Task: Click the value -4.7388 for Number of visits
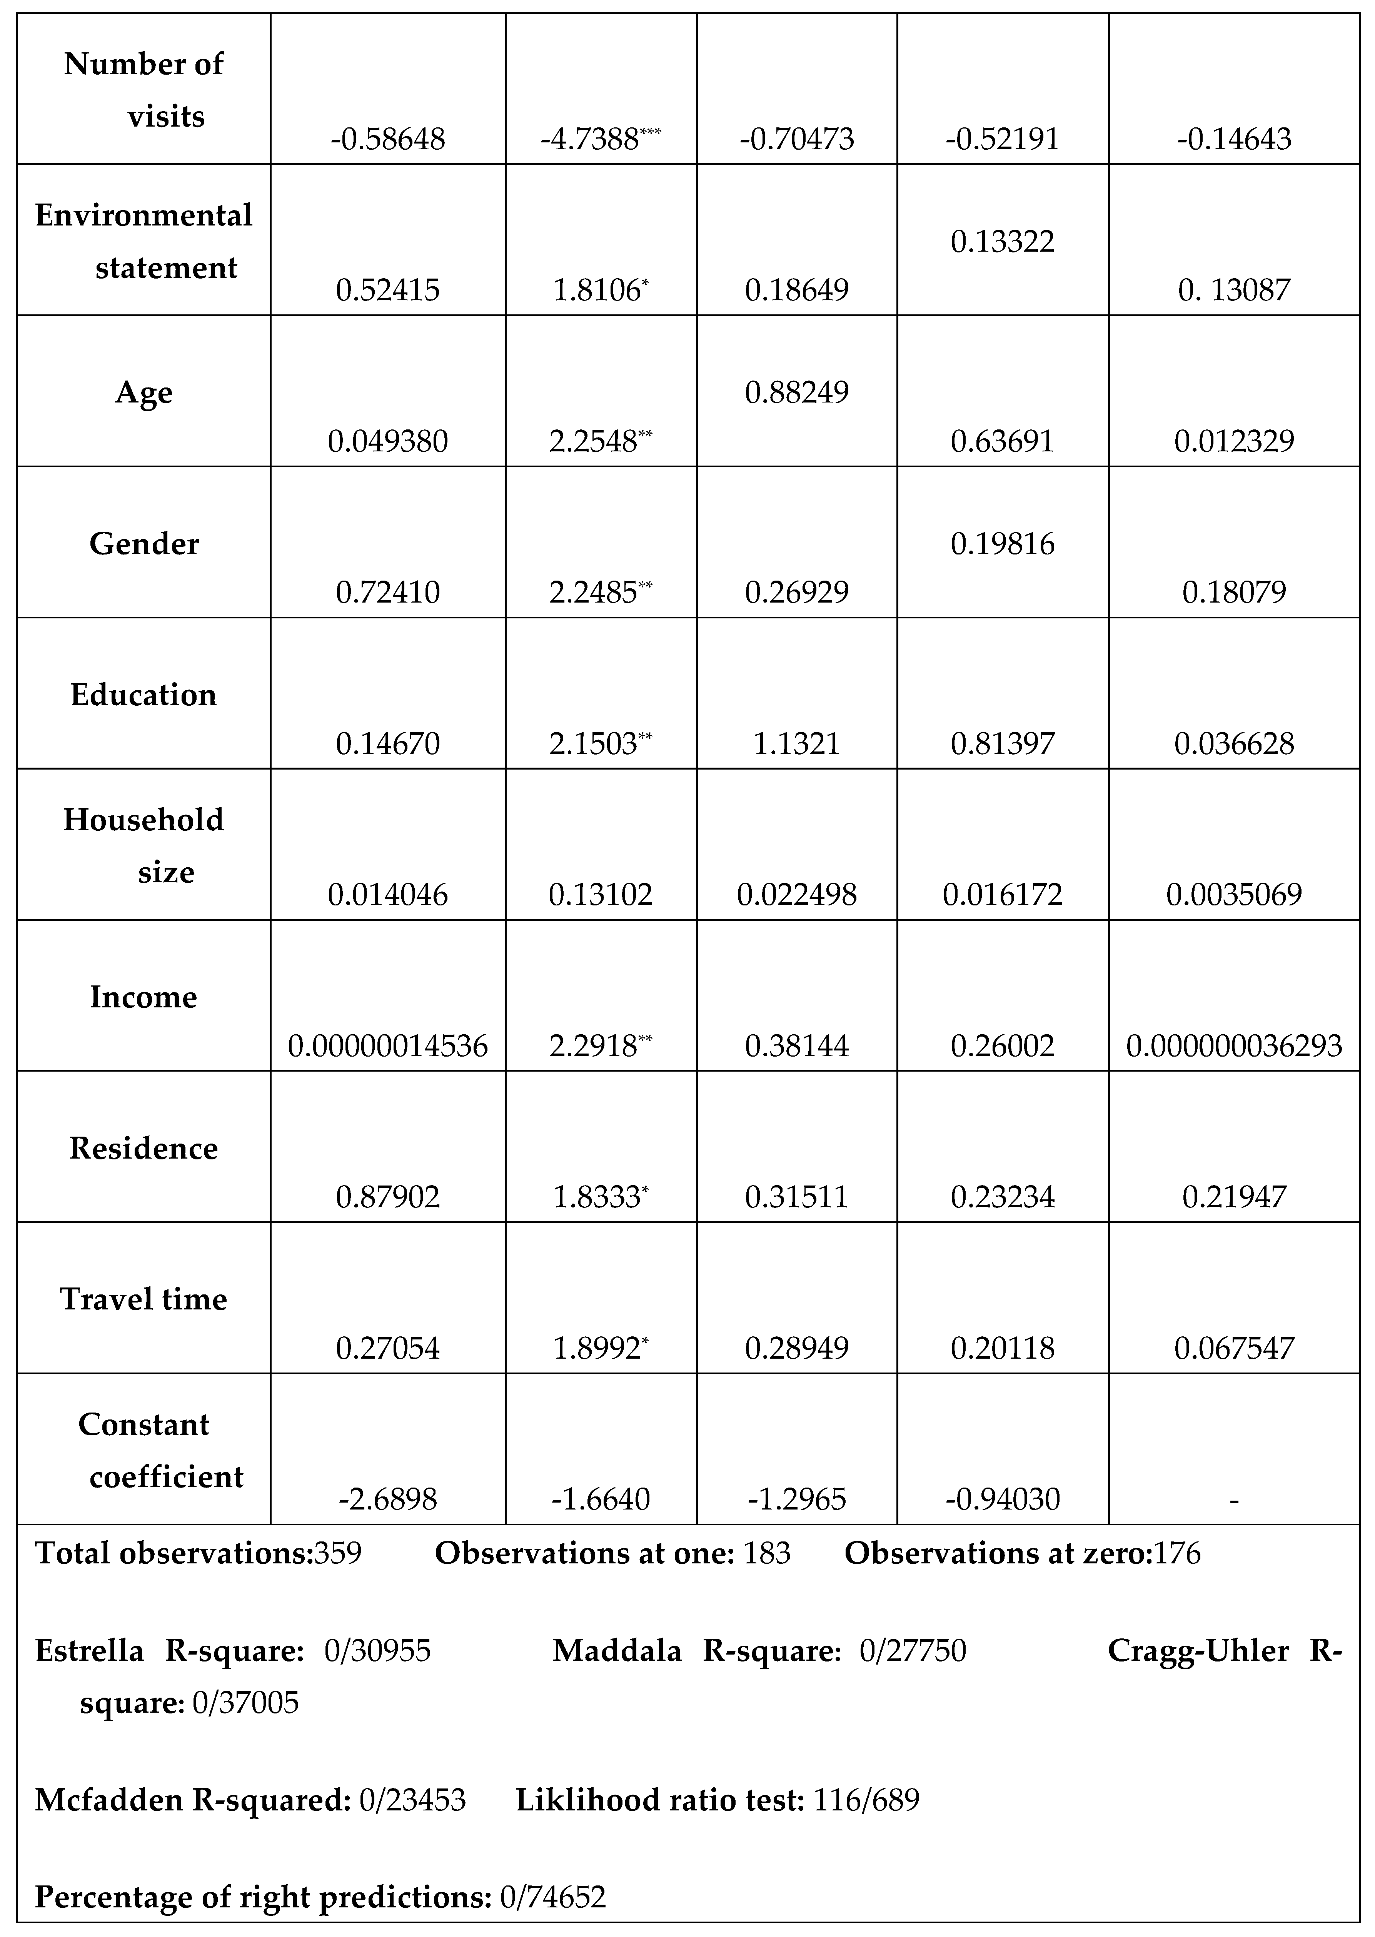[x=590, y=139]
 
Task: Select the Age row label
[x=144, y=393]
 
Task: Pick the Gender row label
[x=144, y=544]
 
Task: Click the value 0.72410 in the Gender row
[x=388, y=592]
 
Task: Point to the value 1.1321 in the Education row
[x=797, y=743]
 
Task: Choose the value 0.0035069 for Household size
[x=1233, y=895]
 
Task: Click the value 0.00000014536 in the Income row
[x=388, y=1046]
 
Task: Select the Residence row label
[x=144, y=1149]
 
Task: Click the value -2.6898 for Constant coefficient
[x=388, y=1500]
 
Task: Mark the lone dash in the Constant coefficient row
[x=1233, y=1500]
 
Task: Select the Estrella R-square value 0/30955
[x=378, y=1651]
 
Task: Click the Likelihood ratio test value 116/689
[x=866, y=1800]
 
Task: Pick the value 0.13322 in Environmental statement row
[x=1003, y=242]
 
